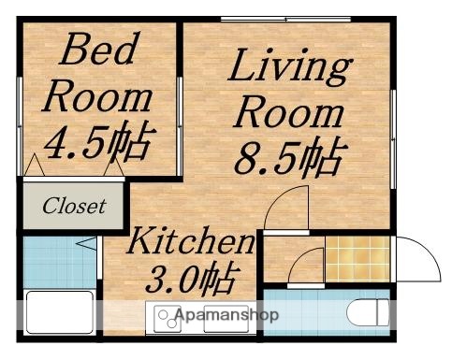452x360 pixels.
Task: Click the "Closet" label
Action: [x=73, y=206]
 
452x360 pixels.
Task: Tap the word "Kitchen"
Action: [x=191, y=243]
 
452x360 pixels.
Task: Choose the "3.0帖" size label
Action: [x=191, y=278]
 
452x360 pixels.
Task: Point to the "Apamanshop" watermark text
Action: [x=226, y=315]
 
